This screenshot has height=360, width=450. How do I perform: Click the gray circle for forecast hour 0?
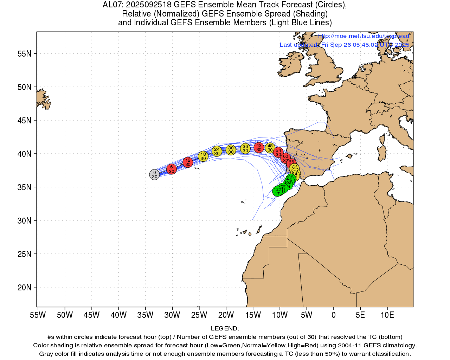(x=154, y=174)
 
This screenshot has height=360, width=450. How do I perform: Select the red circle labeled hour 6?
(x=171, y=169)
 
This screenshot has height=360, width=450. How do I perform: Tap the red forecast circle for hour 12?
(x=188, y=162)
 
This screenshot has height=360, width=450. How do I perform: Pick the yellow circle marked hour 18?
(x=203, y=156)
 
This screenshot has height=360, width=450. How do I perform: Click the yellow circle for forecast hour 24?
(x=217, y=151)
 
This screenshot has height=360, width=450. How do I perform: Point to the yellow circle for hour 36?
(x=245, y=148)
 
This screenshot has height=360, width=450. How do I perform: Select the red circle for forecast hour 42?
(x=259, y=147)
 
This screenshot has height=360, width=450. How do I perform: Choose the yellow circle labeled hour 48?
(x=270, y=148)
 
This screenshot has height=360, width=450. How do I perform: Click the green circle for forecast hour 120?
(x=277, y=191)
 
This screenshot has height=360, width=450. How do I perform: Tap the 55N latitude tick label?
(x=25, y=54)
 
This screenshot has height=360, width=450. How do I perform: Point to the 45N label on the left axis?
(x=25, y=121)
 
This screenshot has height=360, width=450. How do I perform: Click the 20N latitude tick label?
(x=25, y=288)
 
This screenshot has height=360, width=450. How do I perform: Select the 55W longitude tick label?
(x=38, y=315)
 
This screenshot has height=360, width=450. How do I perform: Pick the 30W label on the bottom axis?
(x=172, y=315)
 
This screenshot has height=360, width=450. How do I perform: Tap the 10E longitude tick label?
(x=387, y=315)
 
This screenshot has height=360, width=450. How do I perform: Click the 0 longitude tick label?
(x=334, y=315)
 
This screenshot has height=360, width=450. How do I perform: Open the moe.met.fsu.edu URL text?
(x=364, y=36)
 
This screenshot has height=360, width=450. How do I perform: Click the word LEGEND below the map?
(x=225, y=328)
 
